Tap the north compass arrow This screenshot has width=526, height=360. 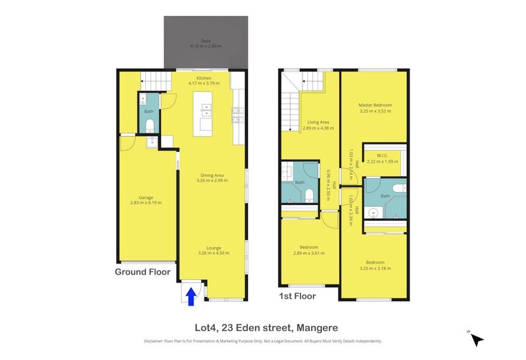[x=477, y=339]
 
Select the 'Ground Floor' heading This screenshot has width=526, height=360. [x=143, y=272]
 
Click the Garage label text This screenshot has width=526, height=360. [x=145, y=200]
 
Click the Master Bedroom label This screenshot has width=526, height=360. [x=375, y=108]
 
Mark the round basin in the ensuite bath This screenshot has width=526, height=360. [x=373, y=213]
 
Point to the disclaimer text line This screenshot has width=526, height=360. [x=262, y=341]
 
